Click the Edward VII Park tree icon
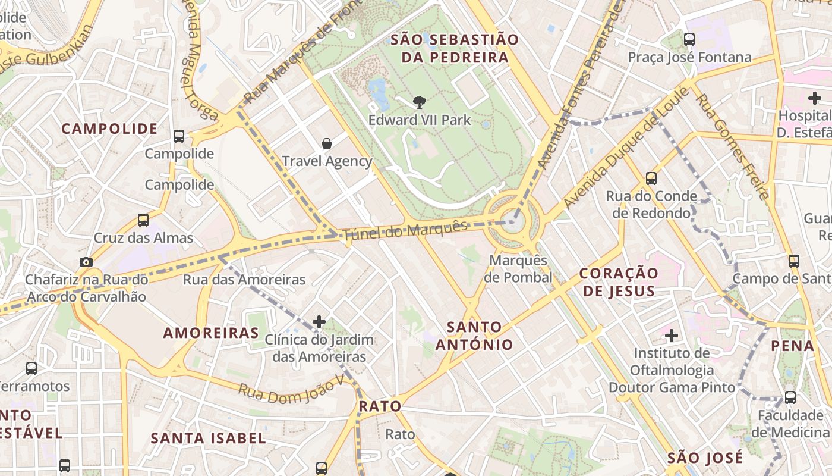pos(420,102)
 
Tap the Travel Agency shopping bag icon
pos(326,143)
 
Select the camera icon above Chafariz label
pos(86,262)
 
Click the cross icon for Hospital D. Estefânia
pos(814,98)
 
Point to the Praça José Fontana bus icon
pos(689,39)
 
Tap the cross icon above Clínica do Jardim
pos(319,322)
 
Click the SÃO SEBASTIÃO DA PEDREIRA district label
pos(455,49)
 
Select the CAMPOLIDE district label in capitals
pos(109,129)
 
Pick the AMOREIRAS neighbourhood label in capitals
pos(211,333)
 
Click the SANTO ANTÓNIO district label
pos(474,336)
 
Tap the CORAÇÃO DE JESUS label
pos(619,282)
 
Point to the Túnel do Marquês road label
pos(406,230)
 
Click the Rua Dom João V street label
pos(291,390)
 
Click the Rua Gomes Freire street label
pos(733,146)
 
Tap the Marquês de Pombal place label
pos(518,269)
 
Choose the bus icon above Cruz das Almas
pos(143,220)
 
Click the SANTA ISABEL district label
pos(208,439)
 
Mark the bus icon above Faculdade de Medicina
pos(790,397)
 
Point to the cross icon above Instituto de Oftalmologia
pos(672,336)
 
